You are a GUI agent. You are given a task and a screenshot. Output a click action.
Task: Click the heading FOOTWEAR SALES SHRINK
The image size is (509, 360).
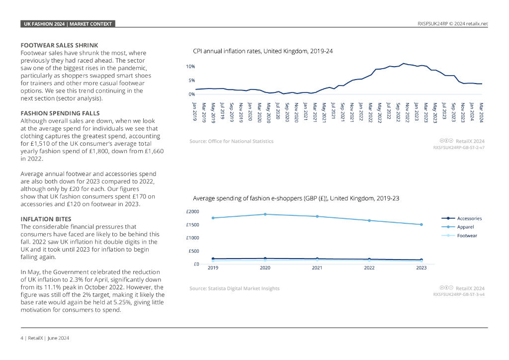coord(59,45)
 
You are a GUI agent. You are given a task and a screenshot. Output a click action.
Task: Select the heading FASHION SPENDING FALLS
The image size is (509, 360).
coord(60,113)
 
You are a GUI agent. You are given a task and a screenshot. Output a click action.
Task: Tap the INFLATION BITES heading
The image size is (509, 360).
coord(46,219)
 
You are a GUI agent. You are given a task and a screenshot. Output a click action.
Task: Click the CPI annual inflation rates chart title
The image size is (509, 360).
coord(262,51)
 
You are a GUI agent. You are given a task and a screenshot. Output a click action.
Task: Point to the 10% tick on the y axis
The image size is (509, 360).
coord(190,66)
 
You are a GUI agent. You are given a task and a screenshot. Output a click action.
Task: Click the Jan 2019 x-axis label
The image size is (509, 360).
coord(195,111)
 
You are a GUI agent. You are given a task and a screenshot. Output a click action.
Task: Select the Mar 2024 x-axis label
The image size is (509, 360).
coord(481,111)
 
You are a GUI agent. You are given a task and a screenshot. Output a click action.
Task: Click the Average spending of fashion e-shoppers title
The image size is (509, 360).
coord(296,198)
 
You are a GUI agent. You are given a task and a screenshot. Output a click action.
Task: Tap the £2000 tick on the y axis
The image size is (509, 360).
coord(192,211)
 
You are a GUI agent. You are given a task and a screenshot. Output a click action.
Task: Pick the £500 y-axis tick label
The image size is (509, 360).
coord(193,251)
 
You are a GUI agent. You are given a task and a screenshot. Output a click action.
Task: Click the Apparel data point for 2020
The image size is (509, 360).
coord(265,214)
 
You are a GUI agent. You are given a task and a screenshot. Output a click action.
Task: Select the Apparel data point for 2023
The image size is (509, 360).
coord(421,224)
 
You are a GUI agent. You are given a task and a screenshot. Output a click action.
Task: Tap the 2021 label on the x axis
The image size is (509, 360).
coord(317,268)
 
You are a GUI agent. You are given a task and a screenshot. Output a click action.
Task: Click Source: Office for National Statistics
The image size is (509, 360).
coord(231,141)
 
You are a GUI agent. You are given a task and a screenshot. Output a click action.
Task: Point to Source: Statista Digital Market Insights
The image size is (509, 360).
coord(234,288)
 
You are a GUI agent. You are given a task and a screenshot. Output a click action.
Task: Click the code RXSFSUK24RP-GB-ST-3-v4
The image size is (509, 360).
coord(459,294)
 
